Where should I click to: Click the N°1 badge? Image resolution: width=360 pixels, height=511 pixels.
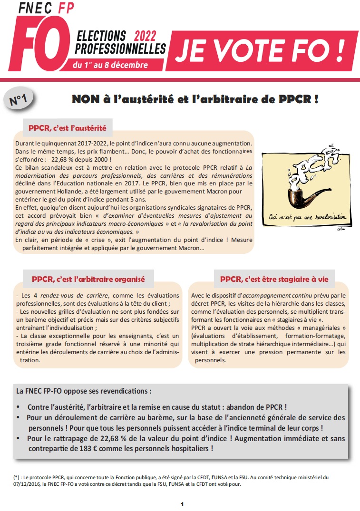pyautogui.click(x=18, y=100)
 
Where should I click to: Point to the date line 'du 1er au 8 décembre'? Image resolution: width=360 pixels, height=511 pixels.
pyautogui.click(x=110, y=65)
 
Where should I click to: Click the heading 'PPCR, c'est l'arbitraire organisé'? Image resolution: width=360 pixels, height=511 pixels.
pyautogui.click(x=88, y=279)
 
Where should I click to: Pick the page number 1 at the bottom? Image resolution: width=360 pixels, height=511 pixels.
pyautogui.click(x=182, y=503)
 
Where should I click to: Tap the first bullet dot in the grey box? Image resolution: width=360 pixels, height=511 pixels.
pyautogui.click(x=19, y=408)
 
